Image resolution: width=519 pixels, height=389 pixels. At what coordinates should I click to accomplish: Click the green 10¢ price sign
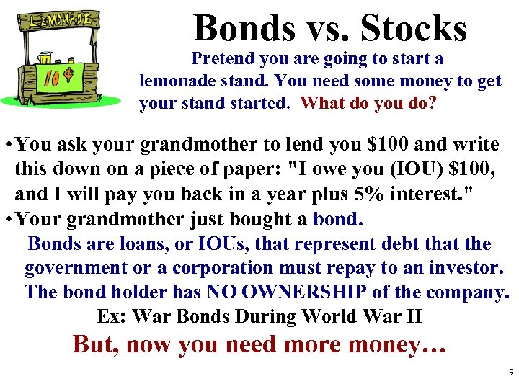68,76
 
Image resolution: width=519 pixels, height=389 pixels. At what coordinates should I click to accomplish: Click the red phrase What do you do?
368,102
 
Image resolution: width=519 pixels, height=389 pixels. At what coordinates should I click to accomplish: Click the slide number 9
510,373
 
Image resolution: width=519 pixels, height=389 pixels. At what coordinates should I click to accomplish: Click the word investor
466,269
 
